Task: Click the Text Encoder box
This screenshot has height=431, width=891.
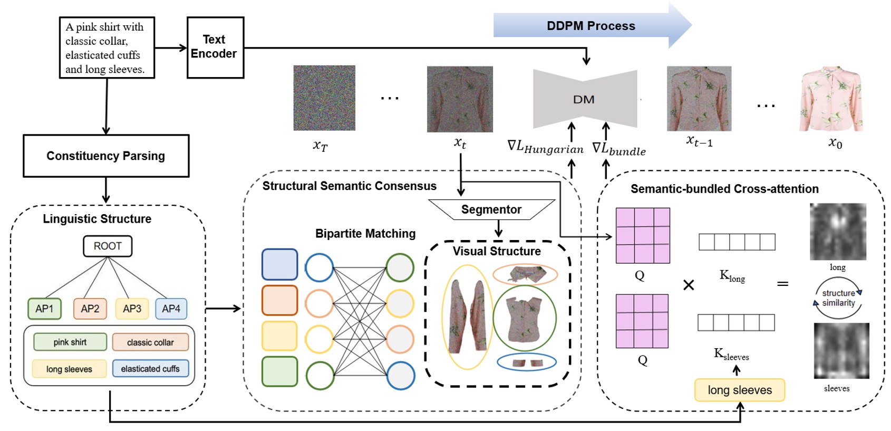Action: (x=215, y=47)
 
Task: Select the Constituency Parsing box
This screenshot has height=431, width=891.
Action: (x=106, y=156)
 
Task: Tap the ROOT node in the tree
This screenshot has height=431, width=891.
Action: (x=108, y=246)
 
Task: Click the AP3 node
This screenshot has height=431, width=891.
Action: (x=132, y=309)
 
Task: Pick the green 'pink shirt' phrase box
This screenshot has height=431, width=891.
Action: (x=70, y=342)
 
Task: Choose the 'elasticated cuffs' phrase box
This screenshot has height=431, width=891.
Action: (x=150, y=369)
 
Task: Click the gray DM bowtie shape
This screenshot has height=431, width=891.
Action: (x=584, y=99)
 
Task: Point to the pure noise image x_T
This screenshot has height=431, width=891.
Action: (x=324, y=98)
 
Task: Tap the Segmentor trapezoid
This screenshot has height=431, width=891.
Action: (x=491, y=209)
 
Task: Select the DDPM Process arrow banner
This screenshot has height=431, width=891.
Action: (x=591, y=25)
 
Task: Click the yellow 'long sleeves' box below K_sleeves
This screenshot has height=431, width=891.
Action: (x=739, y=390)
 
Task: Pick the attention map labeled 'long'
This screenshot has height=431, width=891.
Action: (x=838, y=232)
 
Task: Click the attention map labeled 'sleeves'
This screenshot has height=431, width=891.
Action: (x=841, y=351)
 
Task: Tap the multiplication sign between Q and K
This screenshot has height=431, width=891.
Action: (x=689, y=285)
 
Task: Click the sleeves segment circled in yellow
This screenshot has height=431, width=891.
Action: (x=467, y=317)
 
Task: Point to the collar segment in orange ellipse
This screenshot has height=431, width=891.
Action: (x=525, y=274)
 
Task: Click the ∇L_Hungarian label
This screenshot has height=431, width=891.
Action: (x=545, y=147)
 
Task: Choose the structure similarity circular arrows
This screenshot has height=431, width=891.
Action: (x=838, y=299)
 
